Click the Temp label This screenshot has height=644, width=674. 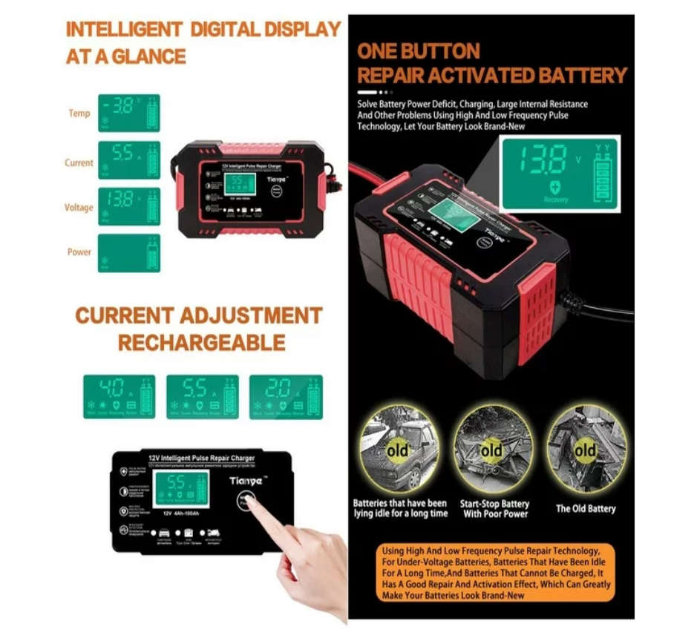79,114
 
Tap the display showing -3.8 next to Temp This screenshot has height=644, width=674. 128,113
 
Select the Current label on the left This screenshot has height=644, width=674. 79,162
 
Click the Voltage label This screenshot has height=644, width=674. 79,208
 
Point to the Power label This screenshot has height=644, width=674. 79,252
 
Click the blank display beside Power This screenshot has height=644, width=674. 128,253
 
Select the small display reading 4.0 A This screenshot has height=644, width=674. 119,397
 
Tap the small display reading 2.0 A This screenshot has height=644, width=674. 286,397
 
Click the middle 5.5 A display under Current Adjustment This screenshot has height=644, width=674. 203,397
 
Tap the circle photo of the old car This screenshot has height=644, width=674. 399,450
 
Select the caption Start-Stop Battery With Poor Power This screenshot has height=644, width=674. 494,509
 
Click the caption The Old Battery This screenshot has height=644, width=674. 586,509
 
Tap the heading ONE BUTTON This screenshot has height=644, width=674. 418,51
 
